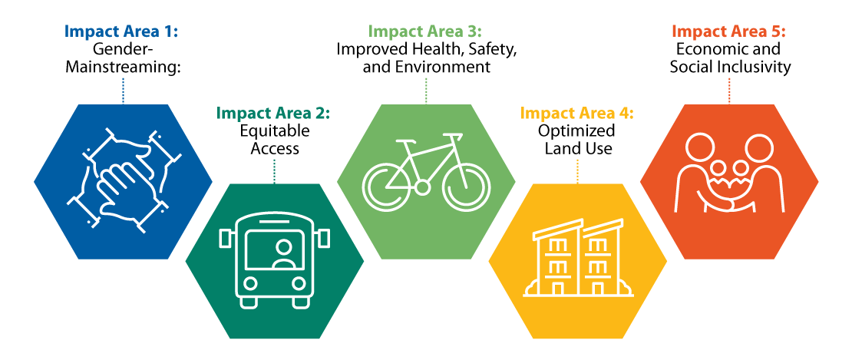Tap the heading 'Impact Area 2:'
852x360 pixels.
click(x=273, y=113)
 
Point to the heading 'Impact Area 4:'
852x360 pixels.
click(x=577, y=114)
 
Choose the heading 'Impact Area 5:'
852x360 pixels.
click(x=729, y=31)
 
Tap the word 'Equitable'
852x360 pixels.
click(x=274, y=130)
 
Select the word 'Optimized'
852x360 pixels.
click(x=578, y=131)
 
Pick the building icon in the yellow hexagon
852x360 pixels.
click(x=577, y=260)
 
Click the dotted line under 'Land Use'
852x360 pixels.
click(x=577, y=170)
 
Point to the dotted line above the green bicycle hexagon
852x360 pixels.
click(x=426, y=90)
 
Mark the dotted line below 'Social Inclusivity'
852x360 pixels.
click(x=729, y=90)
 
